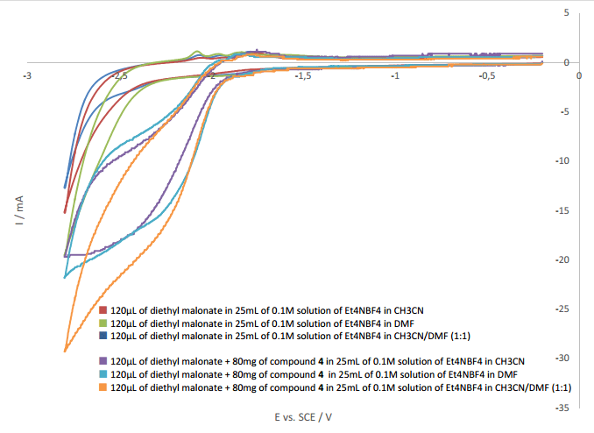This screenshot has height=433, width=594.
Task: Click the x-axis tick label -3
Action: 28,75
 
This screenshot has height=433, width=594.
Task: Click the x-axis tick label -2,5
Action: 120,75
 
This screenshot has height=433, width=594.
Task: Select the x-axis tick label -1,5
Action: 303,75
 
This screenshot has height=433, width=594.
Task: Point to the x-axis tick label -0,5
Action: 487,75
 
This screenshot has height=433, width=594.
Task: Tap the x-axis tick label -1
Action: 396,75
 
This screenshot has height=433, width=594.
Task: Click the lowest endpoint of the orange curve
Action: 66,351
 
